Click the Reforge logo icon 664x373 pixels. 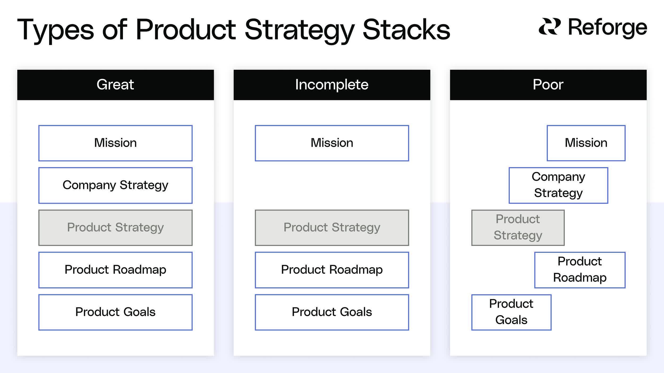click(x=549, y=27)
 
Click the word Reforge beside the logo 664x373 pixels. click(x=607, y=27)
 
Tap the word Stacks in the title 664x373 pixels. click(x=406, y=30)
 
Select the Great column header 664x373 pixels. click(x=115, y=85)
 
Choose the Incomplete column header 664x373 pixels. click(x=332, y=85)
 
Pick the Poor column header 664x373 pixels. click(x=548, y=85)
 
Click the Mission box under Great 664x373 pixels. click(x=115, y=143)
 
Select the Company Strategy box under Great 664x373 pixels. click(x=115, y=185)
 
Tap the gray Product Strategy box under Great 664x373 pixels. click(x=115, y=228)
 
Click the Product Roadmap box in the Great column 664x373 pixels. click(x=115, y=270)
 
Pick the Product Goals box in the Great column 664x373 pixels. click(x=115, y=312)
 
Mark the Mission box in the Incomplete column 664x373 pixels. click(x=332, y=143)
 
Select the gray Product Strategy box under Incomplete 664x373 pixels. click(x=332, y=228)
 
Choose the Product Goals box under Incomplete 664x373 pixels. click(x=332, y=312)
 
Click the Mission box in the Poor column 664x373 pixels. click(x=586, y=143)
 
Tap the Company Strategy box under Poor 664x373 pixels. click(x=558, y=185)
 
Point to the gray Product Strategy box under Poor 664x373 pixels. click(x=518, y=228)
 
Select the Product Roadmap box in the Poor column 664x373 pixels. click(x=580, y=270)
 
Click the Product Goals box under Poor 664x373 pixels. click(x=511, y=312)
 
